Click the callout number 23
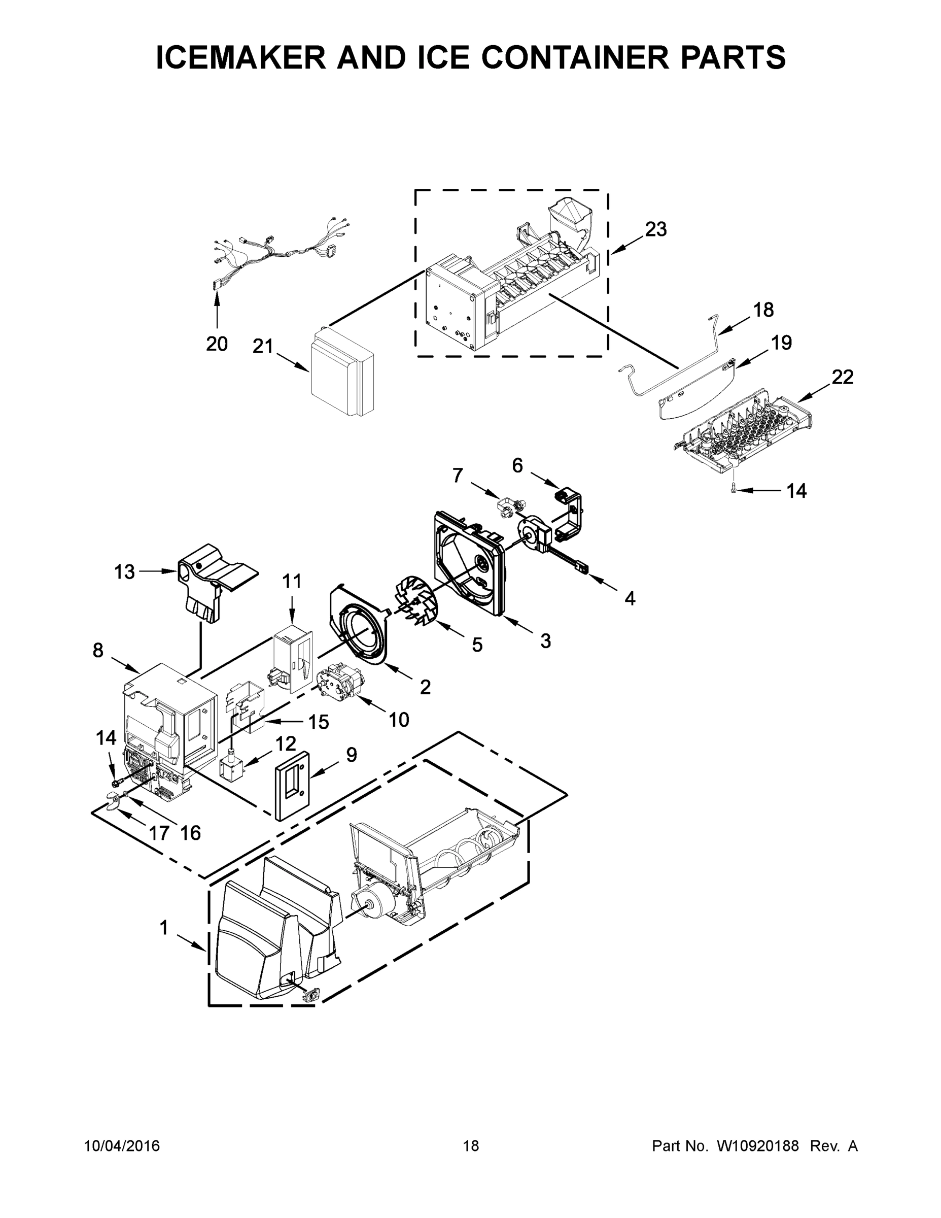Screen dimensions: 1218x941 click(656, 229)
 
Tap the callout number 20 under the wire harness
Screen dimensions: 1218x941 click(217, 344)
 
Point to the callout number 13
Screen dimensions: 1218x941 click(124, 571)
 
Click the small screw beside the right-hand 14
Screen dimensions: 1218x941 click(734, 489)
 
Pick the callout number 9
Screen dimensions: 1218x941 click(351, 755)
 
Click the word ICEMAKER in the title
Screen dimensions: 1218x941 click(241, 57)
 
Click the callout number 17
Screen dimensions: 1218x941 click(158, 833)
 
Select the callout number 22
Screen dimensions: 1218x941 click(842, 378)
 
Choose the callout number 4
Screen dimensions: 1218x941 click(630, 598)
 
